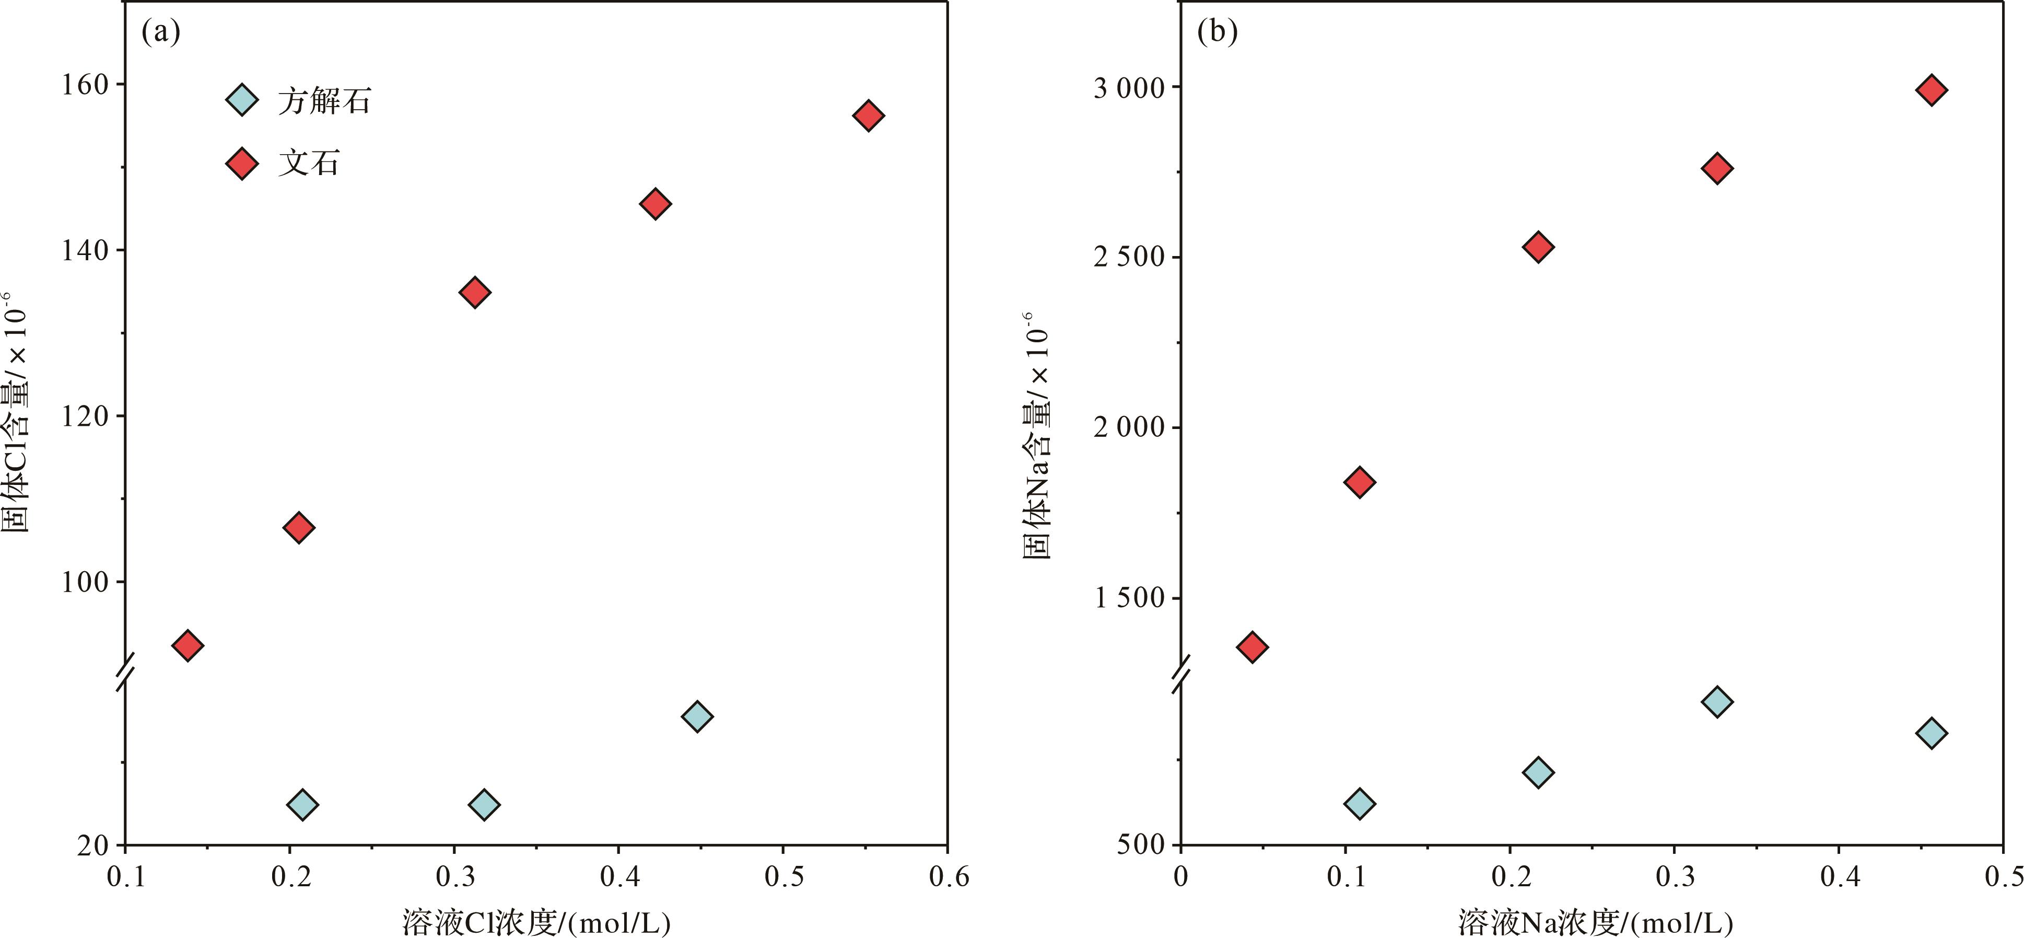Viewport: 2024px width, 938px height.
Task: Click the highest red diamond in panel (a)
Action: click(868, 115)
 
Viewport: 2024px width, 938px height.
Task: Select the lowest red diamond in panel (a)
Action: click(187, 645)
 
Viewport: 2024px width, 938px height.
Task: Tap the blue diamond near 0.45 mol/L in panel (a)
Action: click(697, 716)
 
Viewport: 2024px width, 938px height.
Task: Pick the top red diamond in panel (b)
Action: click(1931, 90)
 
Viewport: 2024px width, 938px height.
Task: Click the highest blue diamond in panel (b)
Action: click(1717, 701)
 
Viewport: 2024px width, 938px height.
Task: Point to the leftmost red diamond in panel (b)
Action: click(1251, 647)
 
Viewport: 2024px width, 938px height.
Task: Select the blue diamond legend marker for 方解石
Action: click(242, 100)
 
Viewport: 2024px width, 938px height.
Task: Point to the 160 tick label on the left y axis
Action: click(85, 84)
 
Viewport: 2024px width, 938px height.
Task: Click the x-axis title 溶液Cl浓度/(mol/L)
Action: click(536, 921)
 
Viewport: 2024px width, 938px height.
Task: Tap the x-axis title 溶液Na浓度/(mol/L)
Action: click(1596, 921)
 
